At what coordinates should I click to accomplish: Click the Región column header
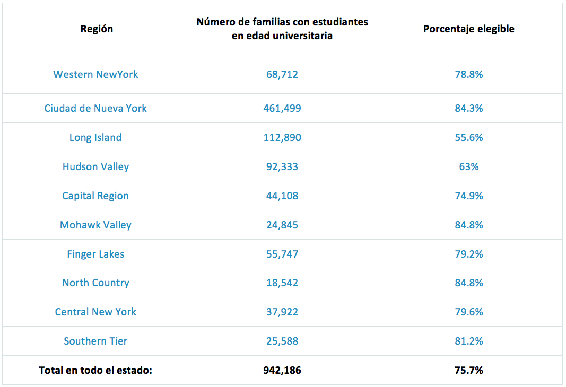point(97,29)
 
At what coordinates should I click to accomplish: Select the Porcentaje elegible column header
point(468,29)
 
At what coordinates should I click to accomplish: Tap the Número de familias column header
point(282,29)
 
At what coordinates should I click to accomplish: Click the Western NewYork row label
point(95,75)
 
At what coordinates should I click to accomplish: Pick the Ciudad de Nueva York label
point(95,109)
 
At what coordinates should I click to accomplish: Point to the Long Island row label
point(95,138)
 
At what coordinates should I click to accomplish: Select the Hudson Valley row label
point(95,167)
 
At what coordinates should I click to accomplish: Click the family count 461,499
point(282,109)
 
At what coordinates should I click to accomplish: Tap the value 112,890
point(282,138)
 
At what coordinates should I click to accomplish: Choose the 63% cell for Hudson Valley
point(469,167)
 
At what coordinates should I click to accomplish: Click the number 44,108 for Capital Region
point(282,196)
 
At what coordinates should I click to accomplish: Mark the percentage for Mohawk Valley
point(469,225)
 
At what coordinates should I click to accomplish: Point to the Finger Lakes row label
point(95,254)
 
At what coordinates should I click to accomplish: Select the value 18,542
point(282,283)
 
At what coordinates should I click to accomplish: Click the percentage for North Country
point(469,283)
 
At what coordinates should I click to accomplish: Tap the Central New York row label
point(95,312)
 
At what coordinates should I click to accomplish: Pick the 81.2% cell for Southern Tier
point(469,341)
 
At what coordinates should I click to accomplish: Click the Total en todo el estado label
point(95,371)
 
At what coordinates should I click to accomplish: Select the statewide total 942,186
point(282,371)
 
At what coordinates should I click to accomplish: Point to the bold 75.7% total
point(469,371)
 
